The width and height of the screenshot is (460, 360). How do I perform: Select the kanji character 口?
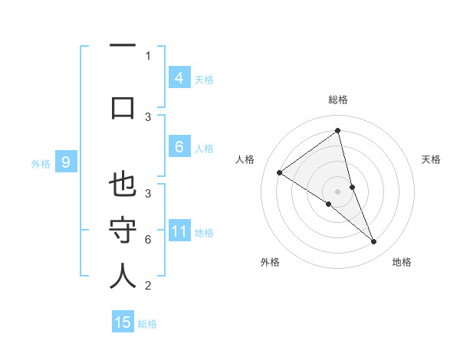point(123,107)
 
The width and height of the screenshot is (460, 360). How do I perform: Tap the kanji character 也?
point(123,186)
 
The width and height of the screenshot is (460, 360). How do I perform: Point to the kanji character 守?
point(123,231)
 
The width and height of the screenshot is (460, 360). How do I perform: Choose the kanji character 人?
point(123,276)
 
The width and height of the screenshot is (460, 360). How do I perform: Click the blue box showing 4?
point(179,77)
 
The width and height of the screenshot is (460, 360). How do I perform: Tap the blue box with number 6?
point(179,148)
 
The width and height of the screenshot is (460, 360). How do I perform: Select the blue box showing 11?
point(179,231)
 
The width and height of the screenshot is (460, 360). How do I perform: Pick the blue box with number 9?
point(66,162)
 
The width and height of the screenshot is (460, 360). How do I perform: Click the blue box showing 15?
point(123,322)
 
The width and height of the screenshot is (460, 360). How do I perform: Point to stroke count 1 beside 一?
point(148,55)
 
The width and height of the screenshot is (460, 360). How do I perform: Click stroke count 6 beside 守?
point(148,240)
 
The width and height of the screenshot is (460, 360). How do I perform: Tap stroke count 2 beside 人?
point(148,286)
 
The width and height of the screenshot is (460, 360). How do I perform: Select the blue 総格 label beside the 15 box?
point(147,324)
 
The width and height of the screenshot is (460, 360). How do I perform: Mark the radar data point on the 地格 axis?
point(374,242)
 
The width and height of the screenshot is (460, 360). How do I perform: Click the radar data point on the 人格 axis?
point(280,172)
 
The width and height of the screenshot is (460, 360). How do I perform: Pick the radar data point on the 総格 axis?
point(337,131)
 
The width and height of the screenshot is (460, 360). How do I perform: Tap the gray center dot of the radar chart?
point(337,191)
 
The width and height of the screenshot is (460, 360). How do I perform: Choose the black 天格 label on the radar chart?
point(431,159)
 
